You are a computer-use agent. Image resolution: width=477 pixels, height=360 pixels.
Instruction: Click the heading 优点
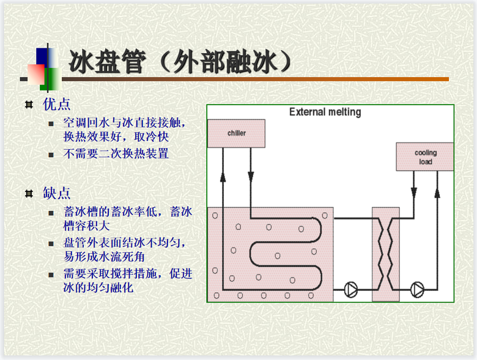(57, 104)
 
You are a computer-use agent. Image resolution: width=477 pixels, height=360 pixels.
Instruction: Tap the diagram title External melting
(325, 112)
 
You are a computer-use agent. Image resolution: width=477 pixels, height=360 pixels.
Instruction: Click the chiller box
(236, 133)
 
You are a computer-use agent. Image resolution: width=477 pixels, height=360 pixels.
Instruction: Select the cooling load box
(425, 157)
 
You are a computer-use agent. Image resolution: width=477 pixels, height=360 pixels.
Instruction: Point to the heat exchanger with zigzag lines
(385, 254)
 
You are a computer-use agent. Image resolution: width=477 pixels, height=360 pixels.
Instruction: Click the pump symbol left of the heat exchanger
(352, 288)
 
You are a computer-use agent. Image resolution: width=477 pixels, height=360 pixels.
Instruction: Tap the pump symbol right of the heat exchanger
(418, 288)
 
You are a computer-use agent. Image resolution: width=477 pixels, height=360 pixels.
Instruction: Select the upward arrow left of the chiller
(223, 177)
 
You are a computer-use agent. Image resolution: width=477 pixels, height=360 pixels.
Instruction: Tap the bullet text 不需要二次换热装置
(116, 154)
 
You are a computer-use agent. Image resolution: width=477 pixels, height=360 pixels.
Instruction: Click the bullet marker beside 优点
(29, 105)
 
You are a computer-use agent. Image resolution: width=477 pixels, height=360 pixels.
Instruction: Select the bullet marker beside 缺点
(29, 194)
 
